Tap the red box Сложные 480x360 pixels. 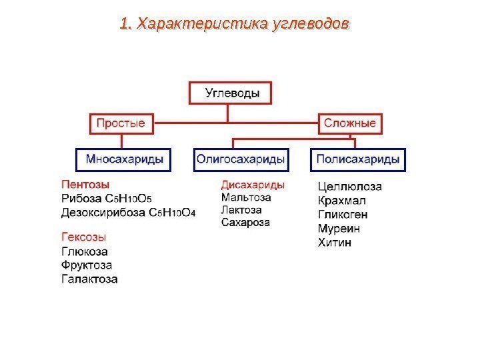click(349, 123)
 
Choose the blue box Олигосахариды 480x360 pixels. click(240, 160)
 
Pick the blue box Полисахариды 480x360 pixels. click(358, 160)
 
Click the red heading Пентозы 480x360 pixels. click(85, 184)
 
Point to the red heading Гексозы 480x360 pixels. click(84, 237)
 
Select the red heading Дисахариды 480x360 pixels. click(253, 185)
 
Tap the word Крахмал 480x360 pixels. click(342, 201)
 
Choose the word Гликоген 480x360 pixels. click(343, 215)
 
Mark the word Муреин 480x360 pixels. click(339, 229)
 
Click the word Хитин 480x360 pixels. click(335, 243)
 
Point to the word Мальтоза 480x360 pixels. click(246, 197)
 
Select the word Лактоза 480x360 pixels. click(241, 210)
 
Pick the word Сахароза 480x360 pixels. click(245, 223)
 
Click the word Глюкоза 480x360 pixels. click(84, 251)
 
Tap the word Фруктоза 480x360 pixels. click(87, 265)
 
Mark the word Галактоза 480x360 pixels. click(89, 279)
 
